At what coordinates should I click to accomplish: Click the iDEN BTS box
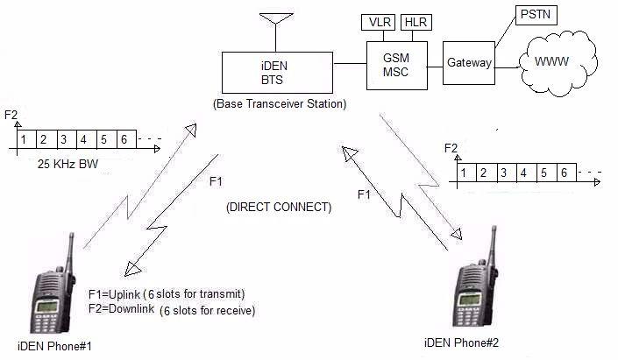(x=277, y=73)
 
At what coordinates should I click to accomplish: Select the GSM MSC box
(x=397, y=63)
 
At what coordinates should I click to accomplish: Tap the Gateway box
(x=468, y=63)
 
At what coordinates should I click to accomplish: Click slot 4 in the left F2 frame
(x=83, y=139)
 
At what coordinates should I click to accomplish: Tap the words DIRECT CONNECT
(x=278, y=208)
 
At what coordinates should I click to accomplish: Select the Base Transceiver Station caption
(x=279, y=104)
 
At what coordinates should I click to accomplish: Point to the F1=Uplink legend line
(x=166, y=293)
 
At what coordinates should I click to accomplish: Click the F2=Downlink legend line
(x=172, y=310)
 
